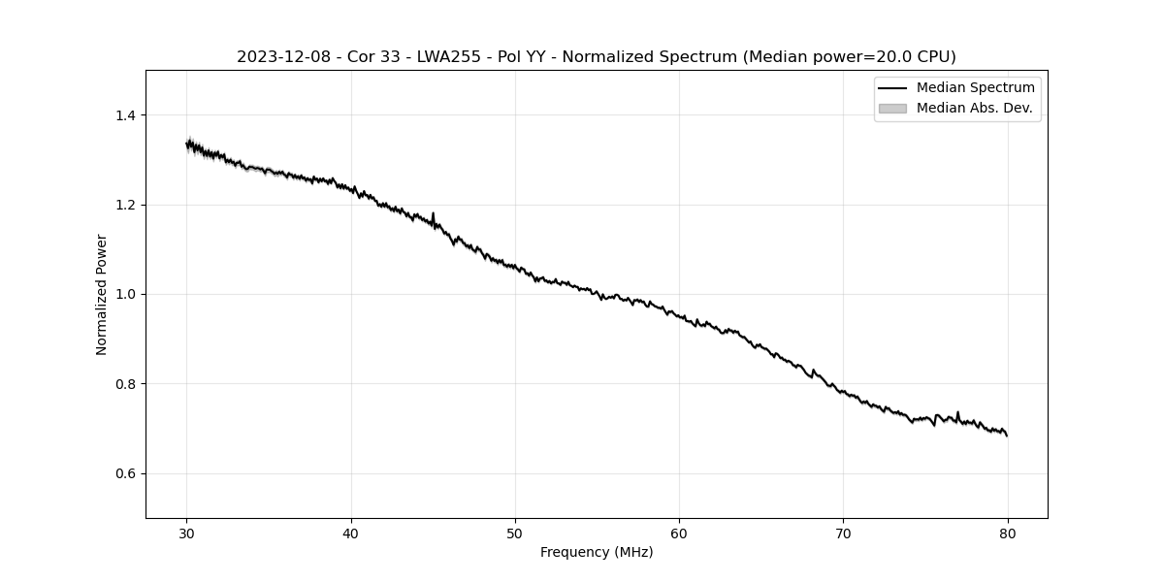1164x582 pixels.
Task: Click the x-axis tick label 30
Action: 187,533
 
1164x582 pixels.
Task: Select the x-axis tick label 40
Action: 351,533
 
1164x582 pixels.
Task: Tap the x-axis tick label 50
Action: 515,533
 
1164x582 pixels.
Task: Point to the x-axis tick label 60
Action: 679,533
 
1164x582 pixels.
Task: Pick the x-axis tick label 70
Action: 843,533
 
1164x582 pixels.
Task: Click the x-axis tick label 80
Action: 1008,533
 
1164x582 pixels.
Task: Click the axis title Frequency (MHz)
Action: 597,552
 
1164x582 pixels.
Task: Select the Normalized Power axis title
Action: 102,294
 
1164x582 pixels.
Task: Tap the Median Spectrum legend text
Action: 975,88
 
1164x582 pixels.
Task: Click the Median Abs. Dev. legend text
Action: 974,108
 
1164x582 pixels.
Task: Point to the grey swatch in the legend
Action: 892,108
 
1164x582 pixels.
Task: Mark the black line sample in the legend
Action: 892,88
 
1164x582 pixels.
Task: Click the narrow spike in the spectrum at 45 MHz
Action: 433,215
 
